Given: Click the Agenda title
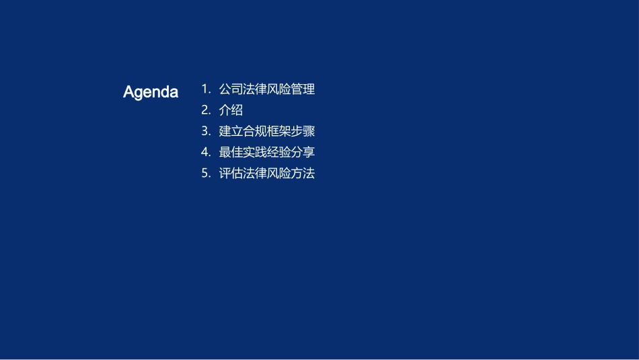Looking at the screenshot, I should tap(151, 92).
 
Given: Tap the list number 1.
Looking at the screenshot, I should tap(205, 89).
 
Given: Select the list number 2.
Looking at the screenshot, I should tap(205, 110).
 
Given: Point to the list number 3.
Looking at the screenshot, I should tap(205, 131).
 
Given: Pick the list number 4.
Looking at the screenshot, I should tap(205, 152).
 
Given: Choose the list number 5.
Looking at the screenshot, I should tap(205, 174).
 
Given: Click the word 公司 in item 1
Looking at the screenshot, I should tap(231, 89).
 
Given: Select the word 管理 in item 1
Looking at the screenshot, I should tap(303, 89).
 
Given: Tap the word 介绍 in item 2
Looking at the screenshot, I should tap(231, 110).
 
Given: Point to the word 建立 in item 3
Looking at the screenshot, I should tap(231, 131).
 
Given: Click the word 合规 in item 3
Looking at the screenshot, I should tap(255, 131).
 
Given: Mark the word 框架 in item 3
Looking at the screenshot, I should tap(279, 131).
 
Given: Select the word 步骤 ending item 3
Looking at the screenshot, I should tap(303, 131).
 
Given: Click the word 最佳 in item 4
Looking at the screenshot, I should tap(231, 152).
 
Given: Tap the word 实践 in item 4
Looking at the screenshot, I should tap(255, 152).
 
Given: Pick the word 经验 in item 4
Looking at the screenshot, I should tap(279, 152).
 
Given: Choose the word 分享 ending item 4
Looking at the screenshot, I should tap(303, 152).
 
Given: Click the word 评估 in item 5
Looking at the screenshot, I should tap(231, 174).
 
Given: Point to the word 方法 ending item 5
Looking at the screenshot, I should tap(303, 174).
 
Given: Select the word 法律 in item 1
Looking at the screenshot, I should tap(255, 89).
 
